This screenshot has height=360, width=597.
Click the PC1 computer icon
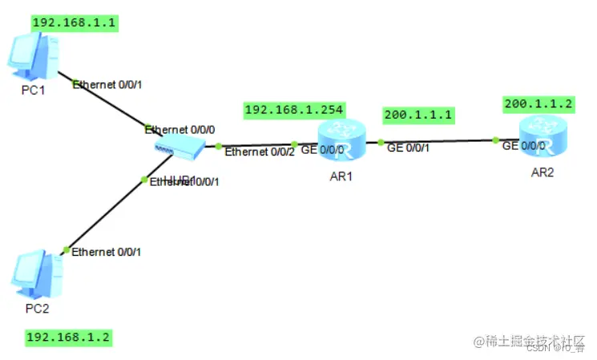point(31,58)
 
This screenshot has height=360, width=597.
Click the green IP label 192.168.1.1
point(75,22)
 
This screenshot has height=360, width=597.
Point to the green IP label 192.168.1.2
point(68,337)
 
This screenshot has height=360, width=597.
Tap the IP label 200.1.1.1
point(417,115)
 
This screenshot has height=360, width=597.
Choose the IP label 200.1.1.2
point(539,104)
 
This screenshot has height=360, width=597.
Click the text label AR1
point(341,176)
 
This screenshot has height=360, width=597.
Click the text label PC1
point(33,89)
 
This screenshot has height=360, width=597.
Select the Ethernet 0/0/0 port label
point(180,128)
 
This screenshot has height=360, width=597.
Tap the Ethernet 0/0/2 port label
point(260,152)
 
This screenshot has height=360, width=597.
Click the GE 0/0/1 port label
point(408,148)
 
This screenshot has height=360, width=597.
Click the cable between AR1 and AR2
point(441,142)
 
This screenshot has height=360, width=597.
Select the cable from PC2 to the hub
point(104,212)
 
